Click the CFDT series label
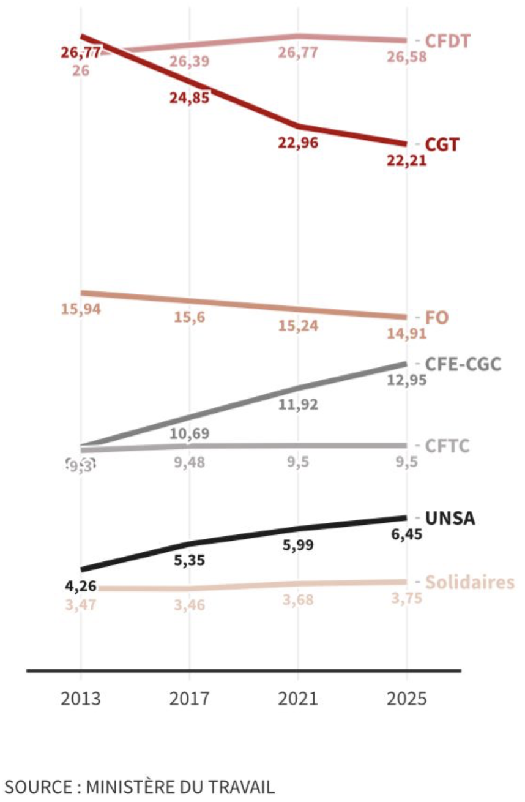(x=447, y=41)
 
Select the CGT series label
(x=442, y=144)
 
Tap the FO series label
(x=436, y=318)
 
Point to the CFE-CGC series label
(x=463, y=364)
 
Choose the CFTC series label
(x=447, y=446)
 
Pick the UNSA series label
(x=450, y=518)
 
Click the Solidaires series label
(x=469, y=582)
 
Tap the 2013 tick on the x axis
(x=81, y=699)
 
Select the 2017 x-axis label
(x=189, y=699)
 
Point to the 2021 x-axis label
(x=298, y=699)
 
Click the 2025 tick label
(x=406, y=699)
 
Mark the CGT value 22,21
(x=406, y=161)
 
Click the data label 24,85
(x=190, y=97)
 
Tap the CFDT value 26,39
(x=190, y=61)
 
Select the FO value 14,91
(x=406, y=334)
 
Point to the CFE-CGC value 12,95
(x=406, y=380)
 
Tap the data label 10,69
(x=190, y=434)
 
